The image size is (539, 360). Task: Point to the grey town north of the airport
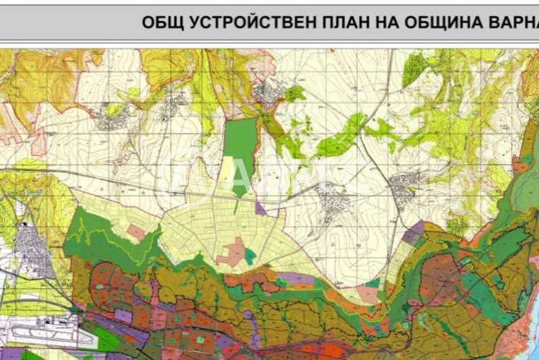click(32, 251)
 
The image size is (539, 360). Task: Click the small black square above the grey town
click(26, 224)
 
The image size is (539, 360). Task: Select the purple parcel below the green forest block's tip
click(260, 208)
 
